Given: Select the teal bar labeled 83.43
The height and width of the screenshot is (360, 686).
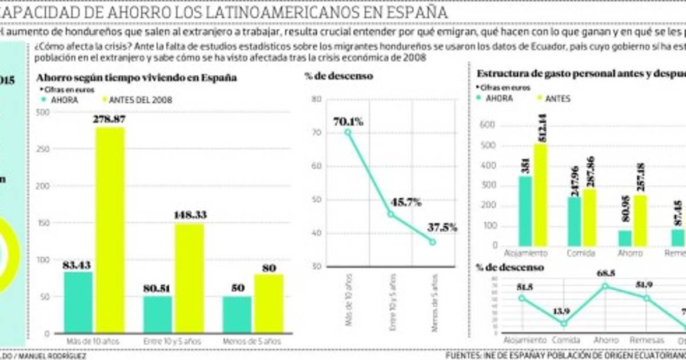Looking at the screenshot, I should tap(78, 302).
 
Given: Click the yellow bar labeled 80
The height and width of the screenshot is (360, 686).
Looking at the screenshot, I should tap(269, 303).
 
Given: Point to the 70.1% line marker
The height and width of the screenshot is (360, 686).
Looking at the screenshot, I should tap(348, 132).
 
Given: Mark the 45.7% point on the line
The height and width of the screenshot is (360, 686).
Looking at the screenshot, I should tap(391, 214).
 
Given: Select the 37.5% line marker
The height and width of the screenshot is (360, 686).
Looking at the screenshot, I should tap(433, 242).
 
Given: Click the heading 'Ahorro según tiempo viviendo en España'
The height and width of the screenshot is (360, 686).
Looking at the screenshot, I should tap(137, 77).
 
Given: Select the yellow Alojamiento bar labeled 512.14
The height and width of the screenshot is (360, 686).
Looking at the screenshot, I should tap(540, 195).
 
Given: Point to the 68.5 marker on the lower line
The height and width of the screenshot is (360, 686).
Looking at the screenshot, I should tap(605, 286).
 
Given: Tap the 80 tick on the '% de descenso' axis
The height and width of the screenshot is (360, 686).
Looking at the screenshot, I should tap(317, 99).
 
